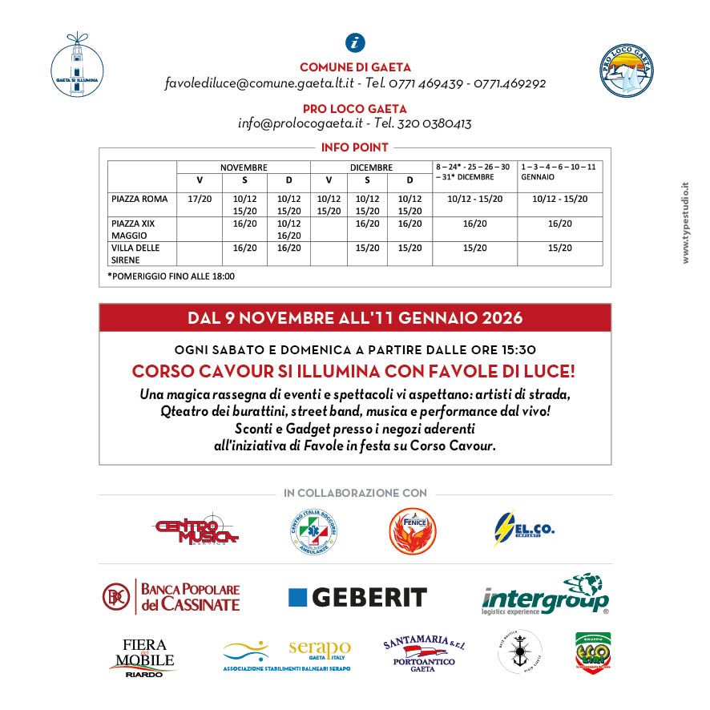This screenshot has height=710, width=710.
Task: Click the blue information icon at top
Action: [x=354, y=43]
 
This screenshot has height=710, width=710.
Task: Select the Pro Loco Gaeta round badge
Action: [x=627, y=71]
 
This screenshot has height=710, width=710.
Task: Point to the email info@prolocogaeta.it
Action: [x=301, y=124]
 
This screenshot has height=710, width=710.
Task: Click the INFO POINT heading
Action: [x=355, y=147]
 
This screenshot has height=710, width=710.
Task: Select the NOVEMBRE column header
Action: [x=244, y=167]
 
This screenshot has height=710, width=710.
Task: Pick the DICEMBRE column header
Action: [x=371, y=167]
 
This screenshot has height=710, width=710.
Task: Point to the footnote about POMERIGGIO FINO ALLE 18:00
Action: [x=171, y=276]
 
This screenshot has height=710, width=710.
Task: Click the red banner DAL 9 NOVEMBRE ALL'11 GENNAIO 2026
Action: [x=355, y=318]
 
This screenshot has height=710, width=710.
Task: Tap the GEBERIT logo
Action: [x=357, y=597]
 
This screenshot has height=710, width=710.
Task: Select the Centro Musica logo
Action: [x=197, y=528]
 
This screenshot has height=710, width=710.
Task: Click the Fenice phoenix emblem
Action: [x=412, y=529]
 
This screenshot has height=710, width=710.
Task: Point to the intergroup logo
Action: [x=545, y=595]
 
